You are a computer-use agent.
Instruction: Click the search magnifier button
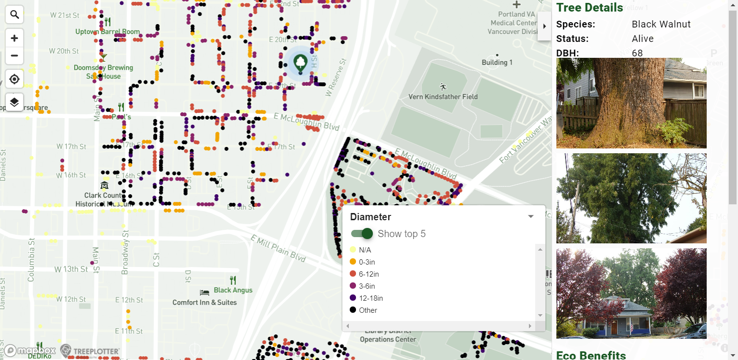pyautogui.click(x=14, y=15)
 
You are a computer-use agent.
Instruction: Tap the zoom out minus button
pyautogui.click(x=14, y=56)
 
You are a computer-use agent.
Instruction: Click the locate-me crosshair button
pyautogui.click(x=14, y=79)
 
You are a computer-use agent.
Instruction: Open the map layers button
pyautogui.click(x=14, y=102)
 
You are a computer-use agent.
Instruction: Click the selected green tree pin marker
pyautogui.click(x=301, y=63)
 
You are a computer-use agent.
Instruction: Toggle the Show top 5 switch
pyautogui.click(x=363, y=234)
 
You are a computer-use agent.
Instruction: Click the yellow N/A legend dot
pyautogui.click(x=353, y=250)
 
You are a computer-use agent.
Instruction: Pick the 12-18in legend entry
pyautogui.click(x=370, y=298)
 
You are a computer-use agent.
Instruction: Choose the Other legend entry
pyautogui.click(x=368, y=310)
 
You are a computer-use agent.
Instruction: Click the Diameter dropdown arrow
pyautogui.click(x=531, y=216)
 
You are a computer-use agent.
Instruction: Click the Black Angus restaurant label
pyautogui.click(x=233, y=290)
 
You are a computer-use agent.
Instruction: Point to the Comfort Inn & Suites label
pyautogui.click(x=205, y=302)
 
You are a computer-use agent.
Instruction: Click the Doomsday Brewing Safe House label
pyautogui.click(x=103, y=72)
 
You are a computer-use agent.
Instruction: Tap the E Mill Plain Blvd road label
pyautogui.click(x=278, y=248)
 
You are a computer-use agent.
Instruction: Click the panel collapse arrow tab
pyautogui.click(x=544, y=26)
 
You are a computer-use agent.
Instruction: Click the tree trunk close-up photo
pyautogui.click(x=631, y=103)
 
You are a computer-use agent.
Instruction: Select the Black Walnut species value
pyautogui.click(x=661, y=24)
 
